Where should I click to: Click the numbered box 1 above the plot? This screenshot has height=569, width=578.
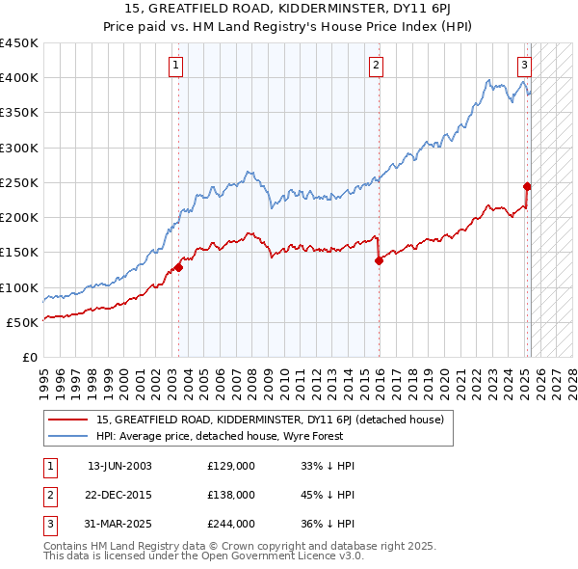(x=178, y=66)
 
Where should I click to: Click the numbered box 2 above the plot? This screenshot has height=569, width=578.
(x=375, y=66)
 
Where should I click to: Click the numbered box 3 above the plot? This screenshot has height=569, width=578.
(x=524, y=66)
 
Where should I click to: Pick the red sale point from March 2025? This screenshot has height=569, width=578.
(x=527, y=186)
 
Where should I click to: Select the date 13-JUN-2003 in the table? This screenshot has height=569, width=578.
(x=119, y=466)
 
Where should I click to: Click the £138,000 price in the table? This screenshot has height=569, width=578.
(x=231, y=495)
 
